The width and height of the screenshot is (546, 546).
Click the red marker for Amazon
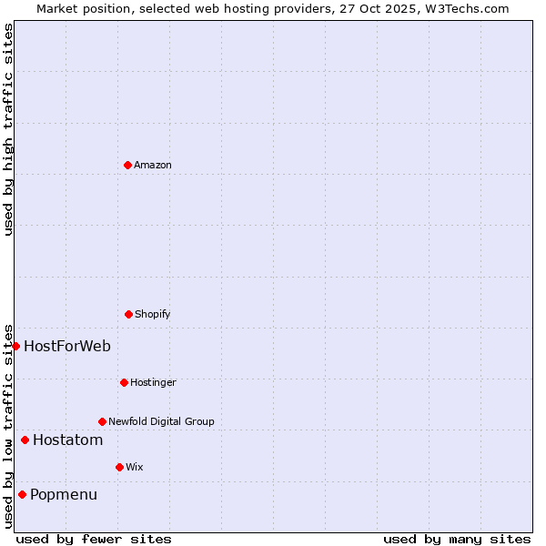click(127, 165)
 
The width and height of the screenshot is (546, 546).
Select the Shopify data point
click(128, 314)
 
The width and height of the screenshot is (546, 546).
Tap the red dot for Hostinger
click(124, 382)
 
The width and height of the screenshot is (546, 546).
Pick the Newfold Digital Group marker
click(102, 421)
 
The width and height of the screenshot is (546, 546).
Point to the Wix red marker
click(119, 467)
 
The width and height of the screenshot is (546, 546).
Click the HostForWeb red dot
click(15, 346)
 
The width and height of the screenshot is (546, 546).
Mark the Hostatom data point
click(25, 440)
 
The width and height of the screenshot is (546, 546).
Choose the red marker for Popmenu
click(22, 495)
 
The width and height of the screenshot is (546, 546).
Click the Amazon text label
click(153, 165)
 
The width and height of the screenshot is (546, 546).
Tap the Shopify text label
click(153, 314)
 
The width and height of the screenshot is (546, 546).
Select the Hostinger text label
click(153, 382)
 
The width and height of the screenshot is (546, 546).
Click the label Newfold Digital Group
click(161, 421)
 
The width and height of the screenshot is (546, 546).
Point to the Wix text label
click(135, 467)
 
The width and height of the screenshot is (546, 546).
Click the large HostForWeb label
click(67, 346)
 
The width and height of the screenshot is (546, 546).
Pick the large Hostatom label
click(67, 440)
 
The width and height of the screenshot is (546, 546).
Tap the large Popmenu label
click(64, 495)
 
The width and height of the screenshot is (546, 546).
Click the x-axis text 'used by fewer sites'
click(94, 539)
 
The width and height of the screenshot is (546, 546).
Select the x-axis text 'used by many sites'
click(457, 539)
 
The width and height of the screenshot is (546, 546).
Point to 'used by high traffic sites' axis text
click(8, 129)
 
